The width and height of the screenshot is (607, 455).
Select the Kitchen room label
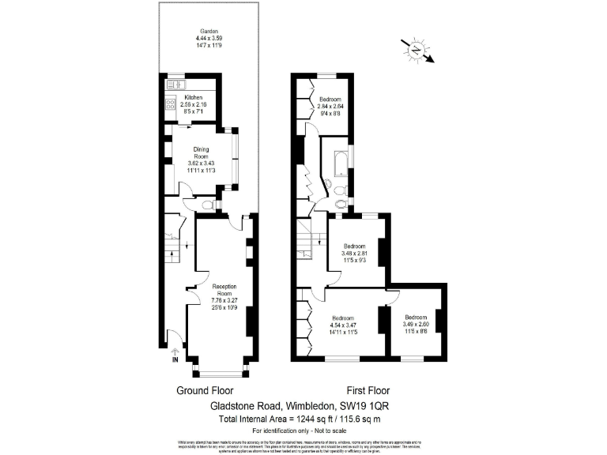pos(194,97)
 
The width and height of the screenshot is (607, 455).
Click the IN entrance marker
pos(174,361)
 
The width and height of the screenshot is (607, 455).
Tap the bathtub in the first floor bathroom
pos(340,161)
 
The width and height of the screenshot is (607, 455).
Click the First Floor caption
pos(370,391)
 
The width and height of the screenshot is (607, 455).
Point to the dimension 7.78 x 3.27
pos(224,300)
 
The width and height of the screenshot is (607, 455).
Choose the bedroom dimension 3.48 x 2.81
pos(355,254)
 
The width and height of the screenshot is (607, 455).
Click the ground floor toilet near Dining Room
pos(208,205)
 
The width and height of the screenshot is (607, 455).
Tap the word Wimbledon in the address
pos(309,405)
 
